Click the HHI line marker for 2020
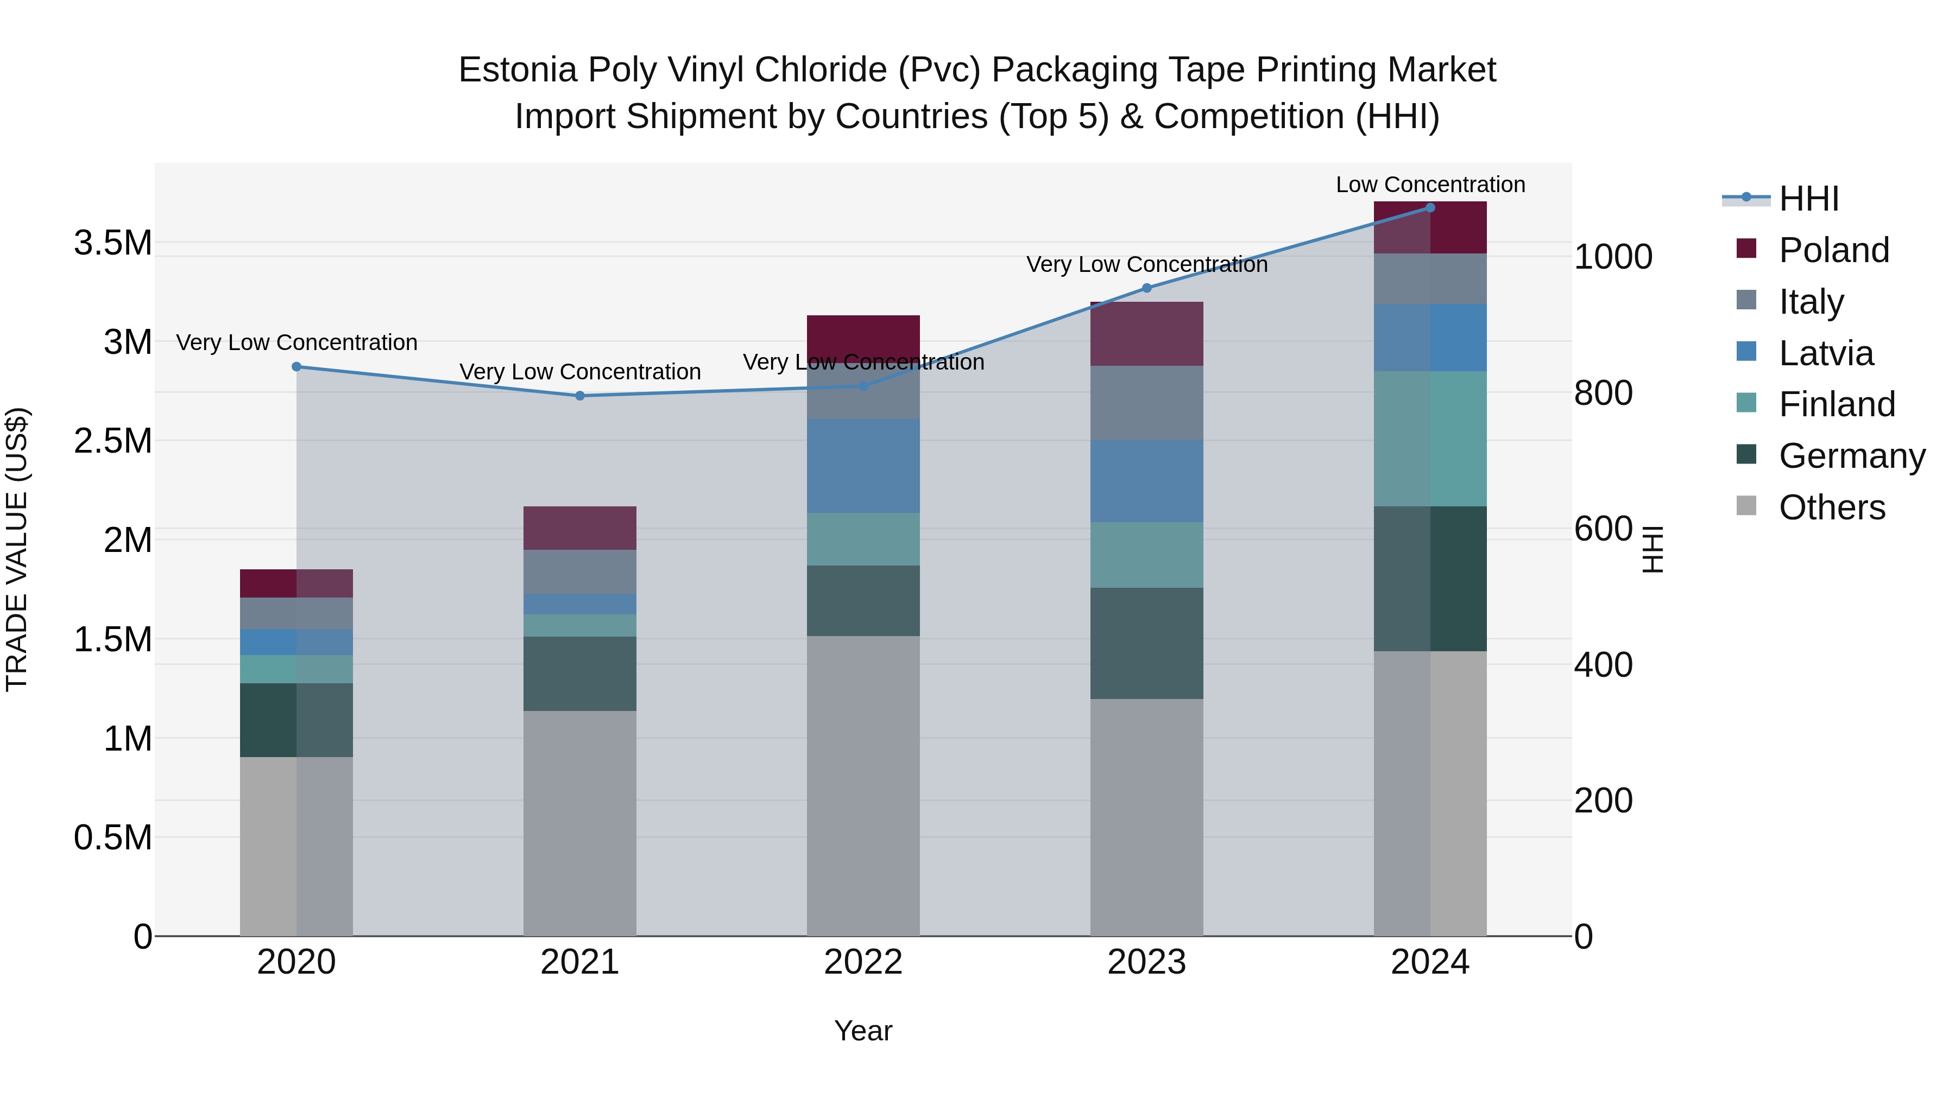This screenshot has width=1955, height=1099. [x=297, y=367]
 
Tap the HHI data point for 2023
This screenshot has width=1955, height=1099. [x=1147, y=288]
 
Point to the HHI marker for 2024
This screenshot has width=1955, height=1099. [x=1430, y=208]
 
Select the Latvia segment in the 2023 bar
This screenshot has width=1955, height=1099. [x=1147, y=481]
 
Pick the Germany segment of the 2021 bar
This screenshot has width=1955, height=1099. [x=580, y=674]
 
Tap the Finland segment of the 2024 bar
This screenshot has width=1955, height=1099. [x=1430, y=439]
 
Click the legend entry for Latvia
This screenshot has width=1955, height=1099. [x=1826, y=353]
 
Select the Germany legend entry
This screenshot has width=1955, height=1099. [x=1852, y=456]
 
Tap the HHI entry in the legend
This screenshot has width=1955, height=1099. [x=1808, y=199]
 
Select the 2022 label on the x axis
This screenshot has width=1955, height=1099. [x=863, y=962]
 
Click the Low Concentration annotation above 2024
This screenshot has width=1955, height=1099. [x=1430, y=185]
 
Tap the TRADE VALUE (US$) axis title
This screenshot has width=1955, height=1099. [x=17, y=549]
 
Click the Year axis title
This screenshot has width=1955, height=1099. [x=863, y=1031]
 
